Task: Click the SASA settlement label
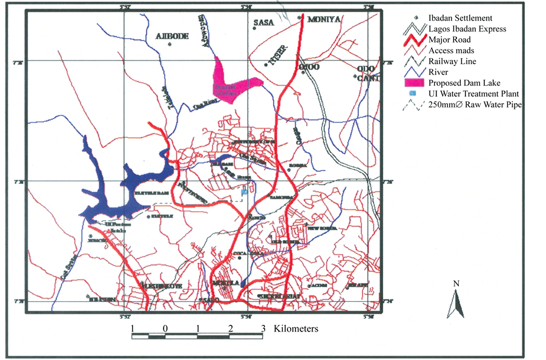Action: tap(264, 23)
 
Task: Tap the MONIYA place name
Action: tap(325, 20)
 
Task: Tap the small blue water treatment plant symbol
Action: tap(244, 192)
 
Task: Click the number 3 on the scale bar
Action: tap(263, 329)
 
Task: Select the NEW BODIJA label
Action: tap(321, 229)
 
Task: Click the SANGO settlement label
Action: tap(255, 218)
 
